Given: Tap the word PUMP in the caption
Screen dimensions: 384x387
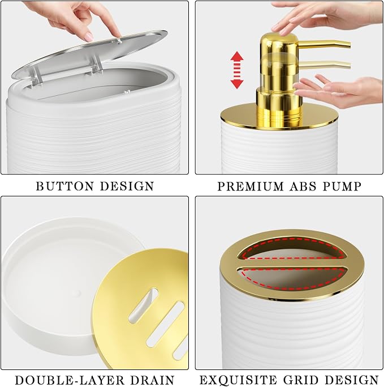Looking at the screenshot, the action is tap(342, 186).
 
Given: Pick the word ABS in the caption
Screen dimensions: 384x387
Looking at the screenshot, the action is tap(303, 186).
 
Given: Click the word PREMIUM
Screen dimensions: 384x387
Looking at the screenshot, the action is tap(251, 186).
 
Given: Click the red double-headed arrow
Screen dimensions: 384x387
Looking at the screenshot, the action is tap(237, 70).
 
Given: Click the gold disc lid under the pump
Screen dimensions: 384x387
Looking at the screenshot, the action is tap(278, 117).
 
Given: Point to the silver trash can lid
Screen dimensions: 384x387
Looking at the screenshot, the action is tap(89, 55).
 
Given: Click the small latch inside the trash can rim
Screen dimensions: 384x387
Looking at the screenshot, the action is tap(127, 92).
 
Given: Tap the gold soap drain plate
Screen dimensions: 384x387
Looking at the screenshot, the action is tap(140, 309).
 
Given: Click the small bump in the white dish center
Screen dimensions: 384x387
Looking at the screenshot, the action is tap(77, 293).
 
